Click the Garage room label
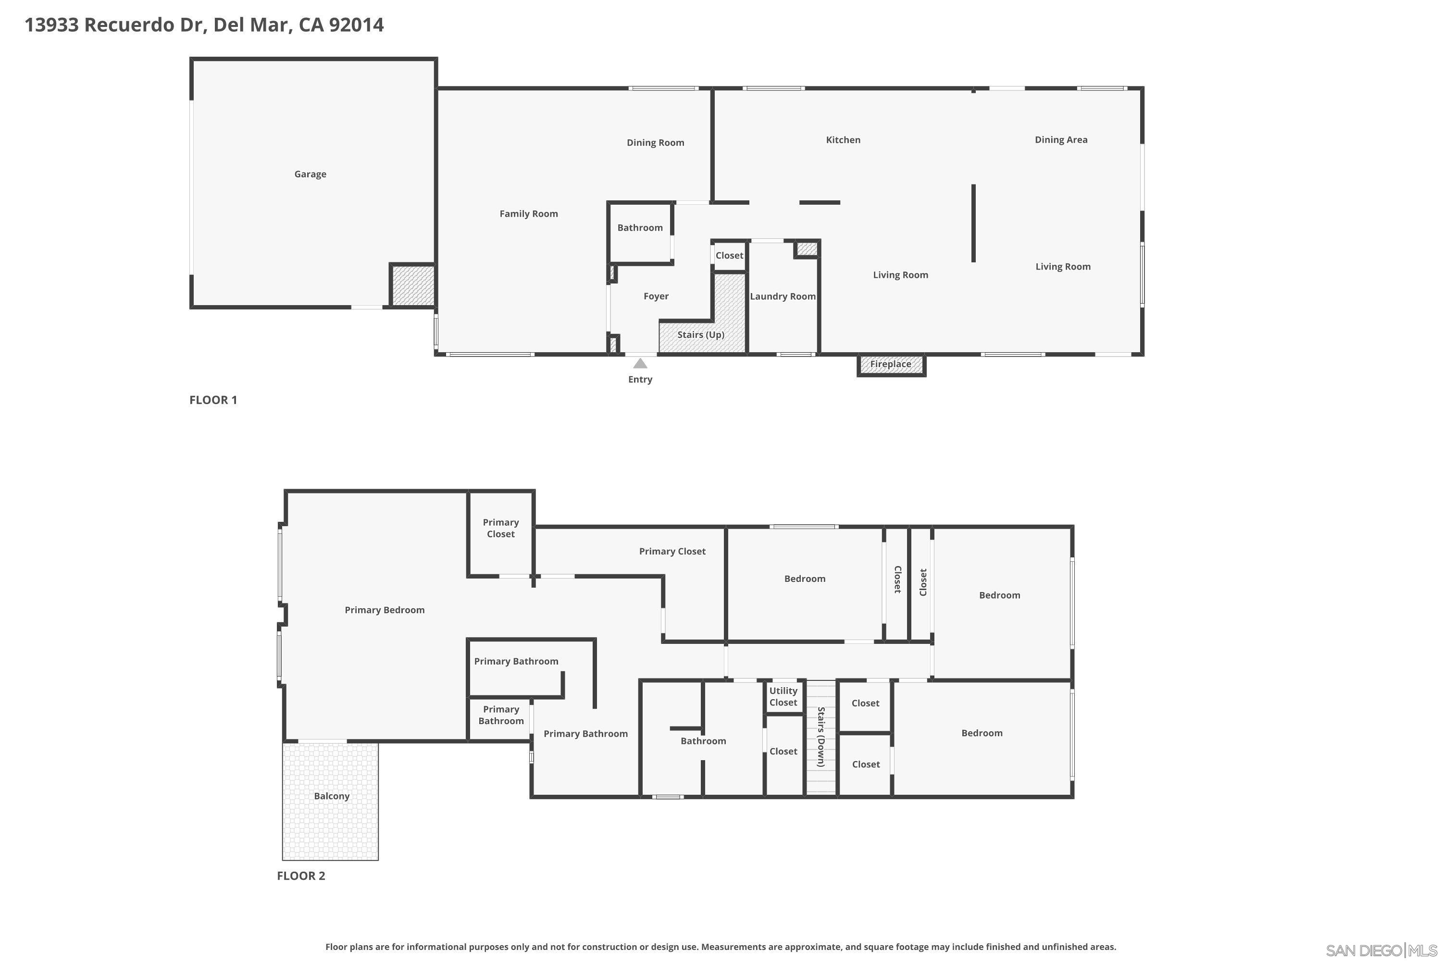(x=310, y=174)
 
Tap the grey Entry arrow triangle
(x=640, y=363)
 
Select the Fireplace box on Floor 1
(x=891, y=364)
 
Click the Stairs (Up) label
(x=701, y=334)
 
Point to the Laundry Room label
(x=783, y=296)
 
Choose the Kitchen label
(x=843, y=140)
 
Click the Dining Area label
(x=1061, y=140)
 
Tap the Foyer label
(x=656, y=296)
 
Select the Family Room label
(x=528, y=214)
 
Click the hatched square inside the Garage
(x=412, y=285)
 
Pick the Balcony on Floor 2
(x=331, y=796)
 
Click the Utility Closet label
(x=783, y=696)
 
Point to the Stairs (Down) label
(x=821, y=737)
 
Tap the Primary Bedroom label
(x=385, y=610)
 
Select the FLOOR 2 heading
(x=301, y=876)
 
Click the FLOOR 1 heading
(x=213, y=400)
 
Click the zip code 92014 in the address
(x=356, y=25)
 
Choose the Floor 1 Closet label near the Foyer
(x=729, y=256)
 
